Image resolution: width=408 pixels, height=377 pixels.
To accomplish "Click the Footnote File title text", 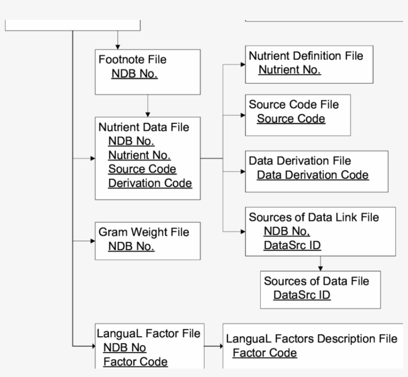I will [x=132, y=60].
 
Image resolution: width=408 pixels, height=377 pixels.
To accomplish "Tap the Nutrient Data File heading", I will [x=144, y=127].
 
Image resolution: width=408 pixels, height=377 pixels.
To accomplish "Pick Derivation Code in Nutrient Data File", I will [x=150, y=183].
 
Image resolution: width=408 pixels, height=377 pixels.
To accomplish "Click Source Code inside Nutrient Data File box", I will [x=142, y=169].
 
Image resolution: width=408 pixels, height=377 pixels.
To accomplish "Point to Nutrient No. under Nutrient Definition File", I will [x=289, y=70].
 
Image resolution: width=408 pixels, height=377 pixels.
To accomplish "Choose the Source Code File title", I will [x=294, y=104].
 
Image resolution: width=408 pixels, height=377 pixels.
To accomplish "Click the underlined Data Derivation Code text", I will [x=312, y=175].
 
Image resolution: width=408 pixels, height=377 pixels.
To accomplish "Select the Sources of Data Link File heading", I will [x=313, y=217].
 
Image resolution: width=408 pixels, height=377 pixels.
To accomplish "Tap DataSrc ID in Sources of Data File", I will [x=302, y=295].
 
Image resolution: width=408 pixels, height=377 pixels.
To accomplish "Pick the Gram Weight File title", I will [x=143, y=232].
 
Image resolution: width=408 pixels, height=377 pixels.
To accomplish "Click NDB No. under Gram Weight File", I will [x=131, y=246].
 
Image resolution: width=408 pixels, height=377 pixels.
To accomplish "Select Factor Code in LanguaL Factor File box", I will [x=135, y=362].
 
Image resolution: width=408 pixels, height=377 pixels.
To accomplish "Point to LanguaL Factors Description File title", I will [x=311, y=339].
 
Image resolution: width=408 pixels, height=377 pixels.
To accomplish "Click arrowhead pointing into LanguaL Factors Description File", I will [x=220, y=345].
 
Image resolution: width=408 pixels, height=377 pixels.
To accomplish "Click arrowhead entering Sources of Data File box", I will [x=321, y=268].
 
